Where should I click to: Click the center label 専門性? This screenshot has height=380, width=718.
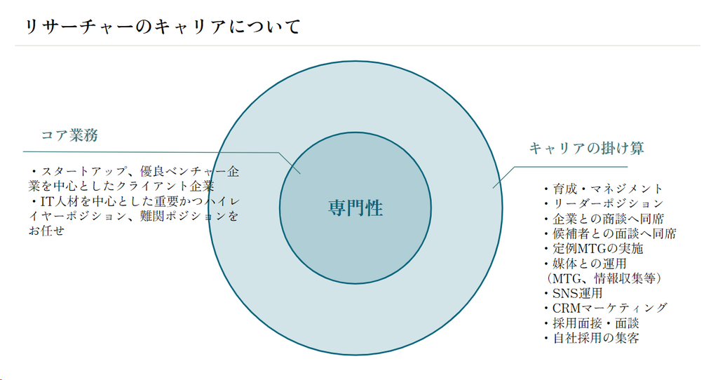tap(355, 208)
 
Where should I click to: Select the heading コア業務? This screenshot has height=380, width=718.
tap(69, 136)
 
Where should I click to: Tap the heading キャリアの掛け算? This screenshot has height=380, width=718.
tap(586, 148)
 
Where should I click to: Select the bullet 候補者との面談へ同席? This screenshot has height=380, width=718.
tap(614, 233)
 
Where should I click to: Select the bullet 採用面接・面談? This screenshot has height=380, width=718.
tap(595, 323)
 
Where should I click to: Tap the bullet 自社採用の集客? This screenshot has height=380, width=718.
tap(595, 338)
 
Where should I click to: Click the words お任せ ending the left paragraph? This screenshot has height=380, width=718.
tap(46, 231)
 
